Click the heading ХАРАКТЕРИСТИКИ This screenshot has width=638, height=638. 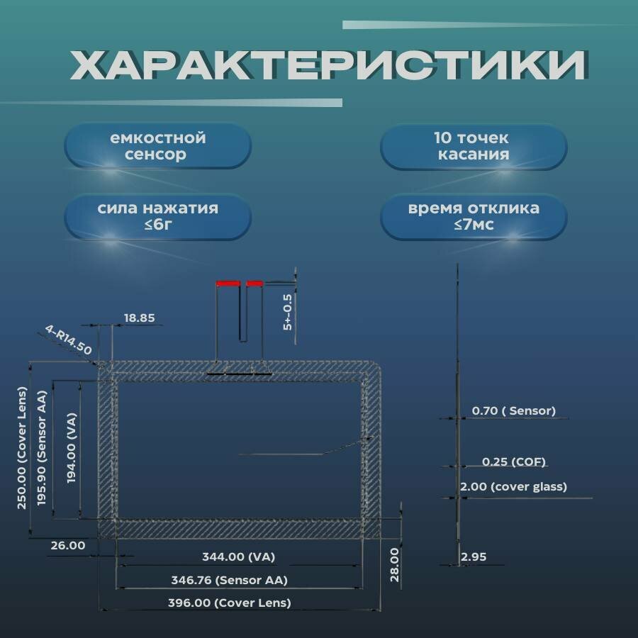click(328, 66)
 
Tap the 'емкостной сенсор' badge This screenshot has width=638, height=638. click(158, 146)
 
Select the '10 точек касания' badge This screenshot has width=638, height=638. click(473, 146)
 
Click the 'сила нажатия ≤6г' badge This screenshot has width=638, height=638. click(158, 216)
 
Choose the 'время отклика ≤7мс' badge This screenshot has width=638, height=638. click(473, 216)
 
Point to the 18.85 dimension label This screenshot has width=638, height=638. click(139, 318)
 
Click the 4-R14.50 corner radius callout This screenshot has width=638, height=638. click(69, 340)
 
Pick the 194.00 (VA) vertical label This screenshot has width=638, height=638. click(72, 448)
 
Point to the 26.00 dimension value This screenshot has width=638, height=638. click(68, 545)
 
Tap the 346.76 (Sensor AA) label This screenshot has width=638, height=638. click(229, 580)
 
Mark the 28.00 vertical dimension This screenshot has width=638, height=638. click(394, 564)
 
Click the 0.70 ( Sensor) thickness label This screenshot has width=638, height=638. click(513, 410)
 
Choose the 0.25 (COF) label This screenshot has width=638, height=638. click(513, 462)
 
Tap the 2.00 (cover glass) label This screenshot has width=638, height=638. click(513, 487)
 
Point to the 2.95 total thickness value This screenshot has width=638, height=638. click(474, 557)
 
